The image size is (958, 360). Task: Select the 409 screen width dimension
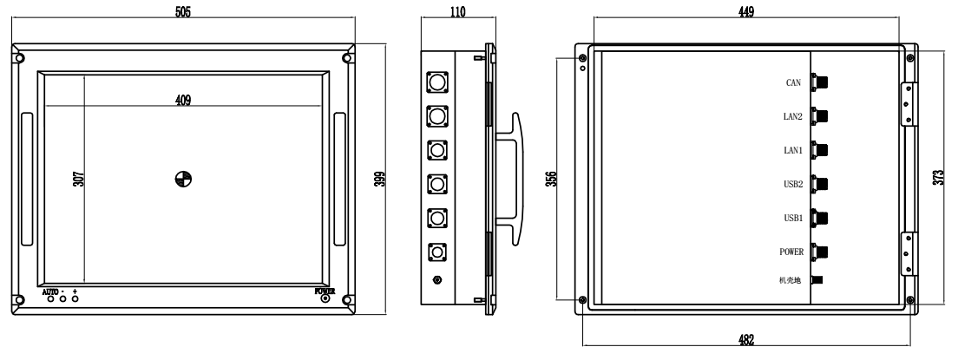pos(183,101)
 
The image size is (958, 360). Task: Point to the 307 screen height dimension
pos(78,180)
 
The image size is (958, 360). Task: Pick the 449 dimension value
pos(745,12)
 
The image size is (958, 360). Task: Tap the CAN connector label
pos(793,83)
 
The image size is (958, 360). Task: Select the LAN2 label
pos(791,117)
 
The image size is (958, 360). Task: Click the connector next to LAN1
pos(820,150)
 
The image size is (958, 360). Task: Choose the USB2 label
pos(791,184)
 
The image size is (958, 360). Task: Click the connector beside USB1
pos(820,218)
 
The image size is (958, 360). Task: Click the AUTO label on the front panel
pos(50,291)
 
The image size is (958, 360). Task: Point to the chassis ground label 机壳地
pos(790,279)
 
